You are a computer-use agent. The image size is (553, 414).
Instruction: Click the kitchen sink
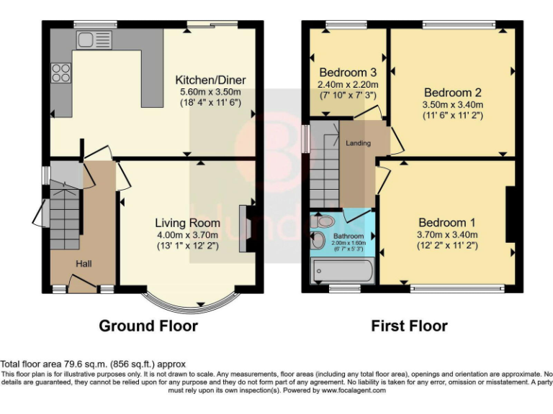[x=91, y=39]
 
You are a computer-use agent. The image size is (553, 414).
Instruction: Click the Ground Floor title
[x=148, y=326]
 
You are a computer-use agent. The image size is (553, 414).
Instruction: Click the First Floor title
[x=409, y=326]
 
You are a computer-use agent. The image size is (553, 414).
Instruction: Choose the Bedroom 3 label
[x=348, y=73]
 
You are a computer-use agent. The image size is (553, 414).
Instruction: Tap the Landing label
[x=358, y=143]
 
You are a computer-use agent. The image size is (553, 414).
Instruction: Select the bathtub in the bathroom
[x=342, y=272]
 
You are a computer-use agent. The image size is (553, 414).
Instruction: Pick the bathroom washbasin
[x=318, y=241]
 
